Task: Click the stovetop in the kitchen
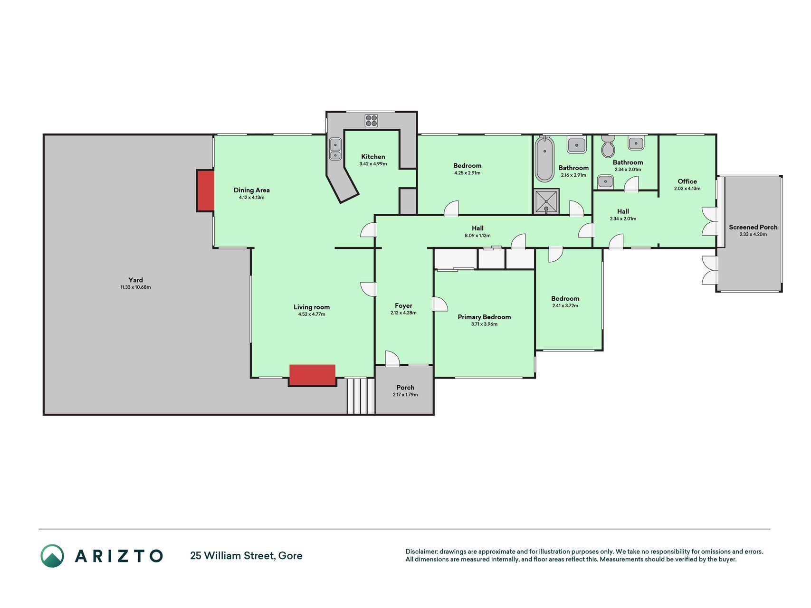coord(371,121)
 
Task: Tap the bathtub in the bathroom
coord(544,160)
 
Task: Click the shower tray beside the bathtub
coord(546,201)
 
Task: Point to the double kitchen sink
coord(335,148)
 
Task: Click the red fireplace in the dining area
coord(205,190)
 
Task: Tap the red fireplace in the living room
coord(312,375)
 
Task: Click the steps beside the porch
coord(361,396)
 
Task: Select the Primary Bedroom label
coord(484,317)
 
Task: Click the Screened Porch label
coord(753,227)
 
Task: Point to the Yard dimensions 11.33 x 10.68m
coord(135,287)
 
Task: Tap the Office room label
coord(687,181)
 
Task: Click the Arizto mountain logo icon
coord(52,556)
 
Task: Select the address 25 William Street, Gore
coord(246,556)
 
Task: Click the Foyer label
coord(403,306)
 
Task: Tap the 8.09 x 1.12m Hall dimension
coord(477,236)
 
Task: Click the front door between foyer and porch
coord(392,359)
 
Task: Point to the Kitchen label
coord(373,156)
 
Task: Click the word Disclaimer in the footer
coord(421,551)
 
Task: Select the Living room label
coord(312,307)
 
